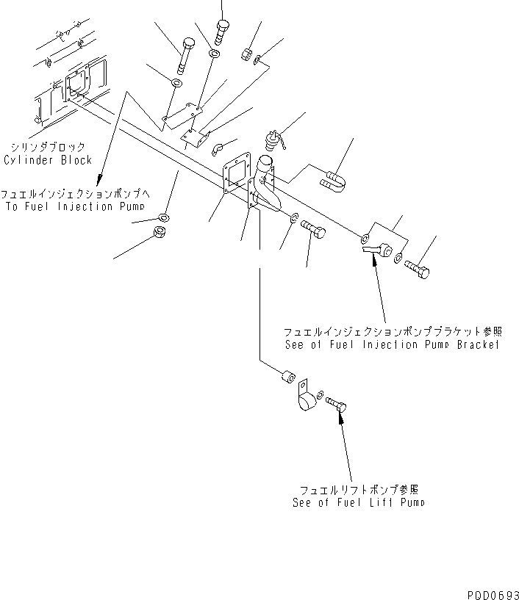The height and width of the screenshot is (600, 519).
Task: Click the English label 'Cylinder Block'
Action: pyautogui.click(x=58, y=159)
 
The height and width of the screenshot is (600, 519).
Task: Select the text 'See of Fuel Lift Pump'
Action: pyautogui.click(x=357, y=503)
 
